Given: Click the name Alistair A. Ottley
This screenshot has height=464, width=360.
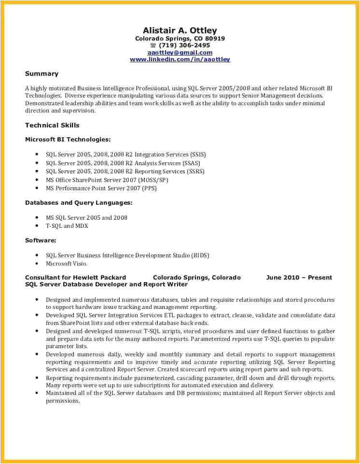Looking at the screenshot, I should (x=180, y=30).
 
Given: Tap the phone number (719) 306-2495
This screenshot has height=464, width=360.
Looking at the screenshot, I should (x=184, y=45).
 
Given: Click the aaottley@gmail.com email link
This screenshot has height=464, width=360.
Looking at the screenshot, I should (x=180, y=53).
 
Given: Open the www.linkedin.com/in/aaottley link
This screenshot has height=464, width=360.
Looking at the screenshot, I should (x=180, y=59).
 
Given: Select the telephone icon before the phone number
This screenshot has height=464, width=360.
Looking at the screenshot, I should (x=153, y=45).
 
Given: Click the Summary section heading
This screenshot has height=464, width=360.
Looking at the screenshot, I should (x=42, y=74).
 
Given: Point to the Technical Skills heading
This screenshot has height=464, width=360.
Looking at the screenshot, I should (x=52, y=126).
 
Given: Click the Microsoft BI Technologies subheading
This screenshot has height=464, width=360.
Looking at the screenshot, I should (x=68, y=140).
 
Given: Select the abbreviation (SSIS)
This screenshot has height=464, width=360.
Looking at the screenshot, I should (x=197, y=155).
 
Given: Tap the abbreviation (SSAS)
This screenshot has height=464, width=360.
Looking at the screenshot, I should (x=192, y=163).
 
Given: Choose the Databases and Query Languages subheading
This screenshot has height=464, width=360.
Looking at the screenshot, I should (x=79, y=203).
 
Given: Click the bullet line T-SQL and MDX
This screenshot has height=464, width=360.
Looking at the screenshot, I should (x=67, y=226).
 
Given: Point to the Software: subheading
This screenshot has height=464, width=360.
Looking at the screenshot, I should (x=41, y=240).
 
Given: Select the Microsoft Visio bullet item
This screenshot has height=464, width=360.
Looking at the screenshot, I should (x=66, y=264).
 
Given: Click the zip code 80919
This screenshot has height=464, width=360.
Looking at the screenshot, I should (x=215, y=39).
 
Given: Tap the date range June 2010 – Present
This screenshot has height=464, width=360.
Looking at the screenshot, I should (x=299, y=278).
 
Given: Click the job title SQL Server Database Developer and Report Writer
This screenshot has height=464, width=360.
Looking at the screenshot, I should (x=106, y=285).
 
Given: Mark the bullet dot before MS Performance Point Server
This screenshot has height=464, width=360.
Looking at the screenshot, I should (x=37, y=188).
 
